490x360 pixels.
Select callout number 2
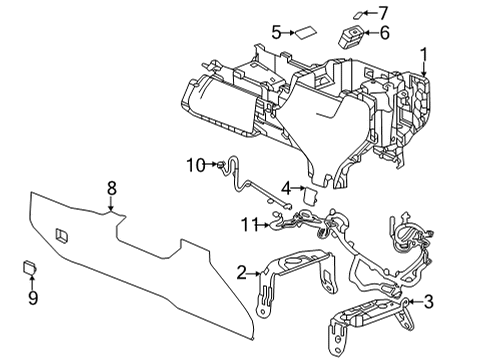(241, 272)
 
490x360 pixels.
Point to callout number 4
(285, 187)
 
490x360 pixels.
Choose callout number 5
(277, 32)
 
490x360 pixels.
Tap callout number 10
(194, 164)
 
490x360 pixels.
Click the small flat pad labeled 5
(301, 32)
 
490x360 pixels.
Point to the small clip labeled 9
(30, 266)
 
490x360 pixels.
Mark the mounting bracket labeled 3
(370, 318)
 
